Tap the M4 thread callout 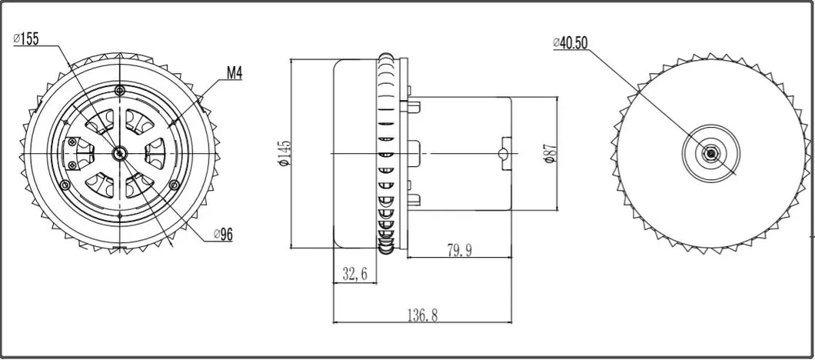click(x=235, y=74)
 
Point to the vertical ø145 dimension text click(x=285, y=155)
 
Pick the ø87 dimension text click(x=549, y=153)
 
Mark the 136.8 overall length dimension click(x=422, y=315)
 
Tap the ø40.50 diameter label click(x=571, y=43)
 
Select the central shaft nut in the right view click(x=711, y=153)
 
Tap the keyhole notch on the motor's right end click(x=504, y=152)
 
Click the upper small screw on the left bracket click(x=72, y=141)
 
